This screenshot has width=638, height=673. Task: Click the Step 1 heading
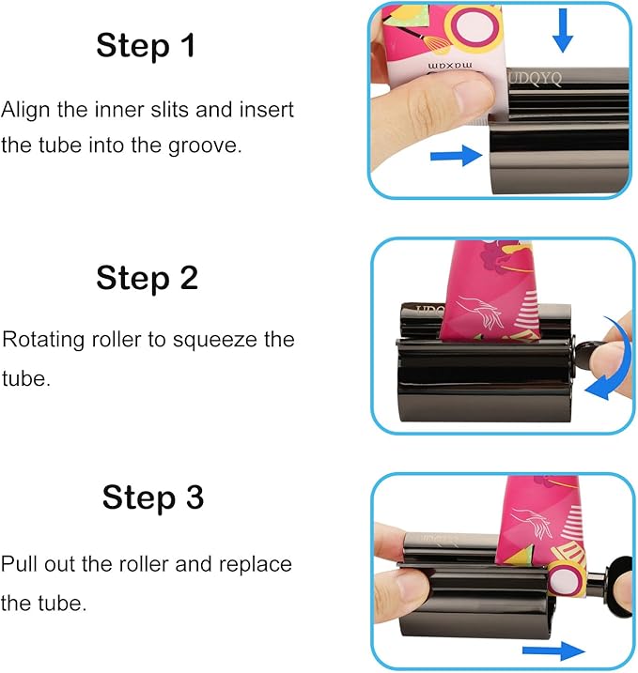point(146,46)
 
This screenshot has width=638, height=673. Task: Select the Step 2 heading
point(147,278)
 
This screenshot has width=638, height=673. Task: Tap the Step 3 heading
point(152,497)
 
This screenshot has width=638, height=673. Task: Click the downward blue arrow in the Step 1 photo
point(562,31)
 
